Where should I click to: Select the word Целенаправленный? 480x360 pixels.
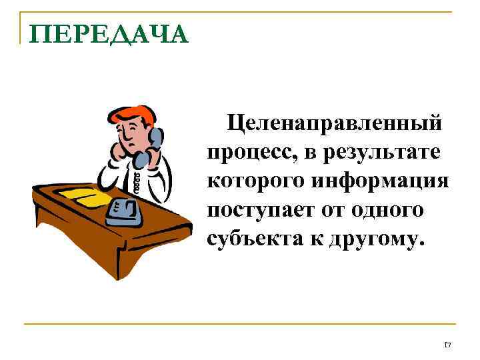(335, 123)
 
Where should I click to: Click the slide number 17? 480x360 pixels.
(447, 345)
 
